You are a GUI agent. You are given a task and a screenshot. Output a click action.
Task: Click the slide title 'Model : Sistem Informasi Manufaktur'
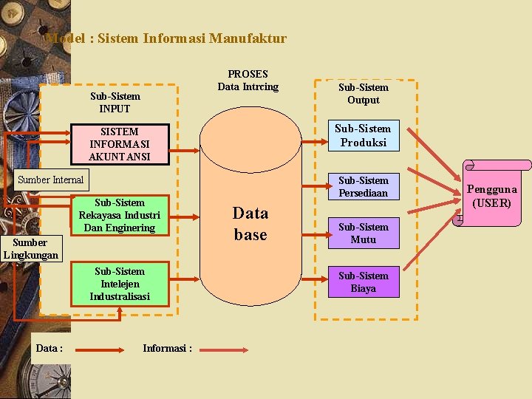(166, 38)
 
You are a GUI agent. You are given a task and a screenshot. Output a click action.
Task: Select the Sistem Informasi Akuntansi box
(119, 144)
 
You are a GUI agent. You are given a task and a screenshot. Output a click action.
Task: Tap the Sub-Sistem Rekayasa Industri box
(120, 215)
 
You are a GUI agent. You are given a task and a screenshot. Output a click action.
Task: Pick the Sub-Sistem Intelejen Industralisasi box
(120, 284)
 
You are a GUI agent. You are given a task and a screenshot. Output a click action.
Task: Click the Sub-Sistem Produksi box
(363, 135)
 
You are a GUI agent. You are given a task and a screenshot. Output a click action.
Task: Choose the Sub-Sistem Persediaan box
(363, 186)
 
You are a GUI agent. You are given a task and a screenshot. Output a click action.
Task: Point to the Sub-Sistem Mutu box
(363, 233)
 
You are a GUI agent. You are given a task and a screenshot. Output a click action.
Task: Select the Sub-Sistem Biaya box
(363, 282)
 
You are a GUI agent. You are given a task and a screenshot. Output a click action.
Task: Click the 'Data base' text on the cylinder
(250, 224)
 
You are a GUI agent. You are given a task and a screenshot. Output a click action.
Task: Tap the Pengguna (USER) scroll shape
(492, 195)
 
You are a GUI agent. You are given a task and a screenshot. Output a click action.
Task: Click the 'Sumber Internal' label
(51, 180)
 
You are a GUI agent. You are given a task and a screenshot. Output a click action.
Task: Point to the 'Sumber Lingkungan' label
(30, 248)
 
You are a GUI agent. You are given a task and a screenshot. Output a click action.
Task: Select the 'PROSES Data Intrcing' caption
(248, 81)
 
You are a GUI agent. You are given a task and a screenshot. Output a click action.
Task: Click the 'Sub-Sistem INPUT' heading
(115, 102)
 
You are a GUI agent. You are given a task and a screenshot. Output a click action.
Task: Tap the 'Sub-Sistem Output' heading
(363, 94)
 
